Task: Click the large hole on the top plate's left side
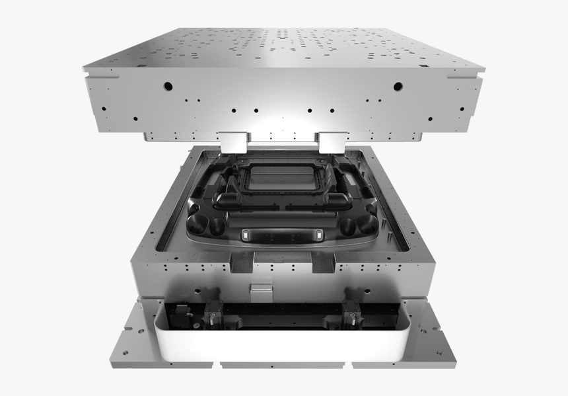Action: click(x=168, y=86)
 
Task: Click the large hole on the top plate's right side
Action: click(x=398, y=86)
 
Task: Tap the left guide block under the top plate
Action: click(x=233, y=140)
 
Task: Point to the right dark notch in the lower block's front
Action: click(x=326, y=266)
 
